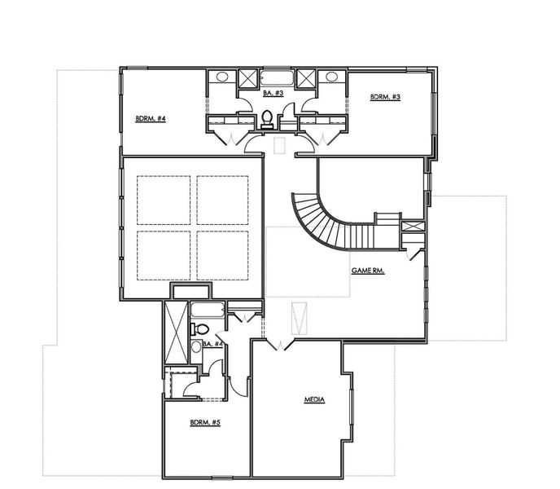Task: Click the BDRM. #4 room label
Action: [151, 119]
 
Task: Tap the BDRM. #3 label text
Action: [385, 97]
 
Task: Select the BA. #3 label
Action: [273, 94]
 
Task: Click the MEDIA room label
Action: [314, 399]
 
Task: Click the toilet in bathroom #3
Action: [267, 118]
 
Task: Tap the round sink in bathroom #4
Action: [195, 347]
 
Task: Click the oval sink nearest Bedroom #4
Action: [221, 77]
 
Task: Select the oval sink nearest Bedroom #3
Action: [330, 77]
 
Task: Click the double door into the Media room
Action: [280, 346]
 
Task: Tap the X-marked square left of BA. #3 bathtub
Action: [247, 79]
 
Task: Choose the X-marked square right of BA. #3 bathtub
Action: [306, 79]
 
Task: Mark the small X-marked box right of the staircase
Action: [413, 227]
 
